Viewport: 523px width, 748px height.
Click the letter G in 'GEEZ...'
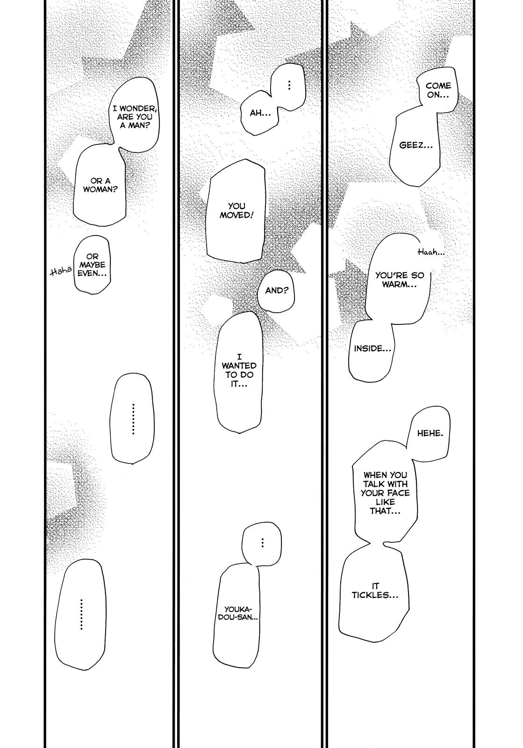pos(402,145)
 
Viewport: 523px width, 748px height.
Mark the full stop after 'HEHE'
pos(442,436)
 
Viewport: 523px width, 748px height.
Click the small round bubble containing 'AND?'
pos(276,290)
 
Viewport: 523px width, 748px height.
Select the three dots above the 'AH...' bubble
pos(289,85)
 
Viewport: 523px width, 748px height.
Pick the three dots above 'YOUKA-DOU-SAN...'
pos(263,543)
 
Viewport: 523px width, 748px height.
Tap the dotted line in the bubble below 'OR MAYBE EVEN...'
pos(133,419)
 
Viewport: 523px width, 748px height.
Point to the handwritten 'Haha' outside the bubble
pos(60,272)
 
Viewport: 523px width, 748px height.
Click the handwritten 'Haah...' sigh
pos(431,252)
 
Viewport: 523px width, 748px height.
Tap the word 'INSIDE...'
pos(373,348)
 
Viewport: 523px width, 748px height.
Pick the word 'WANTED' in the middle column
pos(239,366)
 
